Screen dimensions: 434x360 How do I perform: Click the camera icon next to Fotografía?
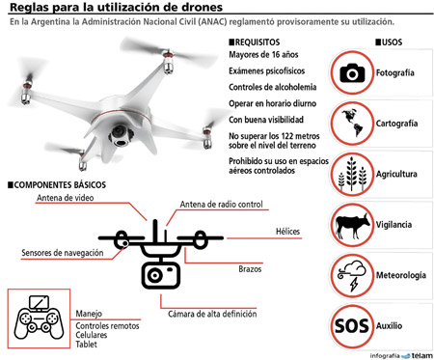pos(352,72)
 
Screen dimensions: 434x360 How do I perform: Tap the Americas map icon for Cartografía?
pos(352,123)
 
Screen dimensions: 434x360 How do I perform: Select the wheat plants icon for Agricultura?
pos(352,174)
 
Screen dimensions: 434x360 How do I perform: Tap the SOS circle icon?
pos(352,326)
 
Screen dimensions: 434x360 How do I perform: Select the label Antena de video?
pos(65,198)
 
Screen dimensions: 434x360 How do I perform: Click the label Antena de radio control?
pos(221,205)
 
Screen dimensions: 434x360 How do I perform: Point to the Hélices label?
pos(287,232)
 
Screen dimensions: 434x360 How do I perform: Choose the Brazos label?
pos(250,269)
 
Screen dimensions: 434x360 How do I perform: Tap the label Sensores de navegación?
pos(63,253)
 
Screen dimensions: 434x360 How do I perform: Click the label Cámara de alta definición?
pos(212,314)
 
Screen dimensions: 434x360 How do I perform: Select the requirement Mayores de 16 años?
pos(263,55)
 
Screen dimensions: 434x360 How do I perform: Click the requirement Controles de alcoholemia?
pos(273,87)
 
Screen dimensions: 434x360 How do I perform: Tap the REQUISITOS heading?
pos(255,42)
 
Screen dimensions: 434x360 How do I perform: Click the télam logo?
pos(418,355)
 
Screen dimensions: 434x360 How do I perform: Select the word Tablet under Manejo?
pos(86,345)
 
